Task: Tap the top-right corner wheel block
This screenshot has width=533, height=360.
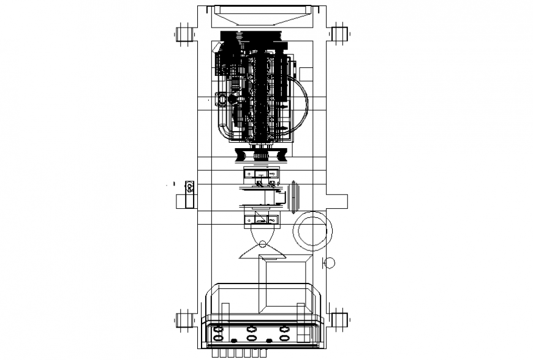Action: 337,34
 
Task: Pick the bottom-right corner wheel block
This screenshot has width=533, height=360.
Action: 337,320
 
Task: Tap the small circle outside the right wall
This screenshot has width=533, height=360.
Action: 330,263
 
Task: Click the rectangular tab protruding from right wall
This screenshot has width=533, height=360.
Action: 336,201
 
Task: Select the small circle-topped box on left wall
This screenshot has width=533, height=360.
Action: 189,187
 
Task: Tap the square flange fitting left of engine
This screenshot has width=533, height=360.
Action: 221,99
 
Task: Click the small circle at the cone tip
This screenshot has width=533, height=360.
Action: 262,240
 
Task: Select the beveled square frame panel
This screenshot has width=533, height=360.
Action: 285,285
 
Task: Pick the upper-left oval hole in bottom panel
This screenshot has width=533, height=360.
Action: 218,329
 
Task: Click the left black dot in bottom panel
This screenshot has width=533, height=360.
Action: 233,340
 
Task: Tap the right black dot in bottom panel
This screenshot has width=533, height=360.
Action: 269,340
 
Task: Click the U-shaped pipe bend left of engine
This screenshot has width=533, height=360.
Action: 224,129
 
